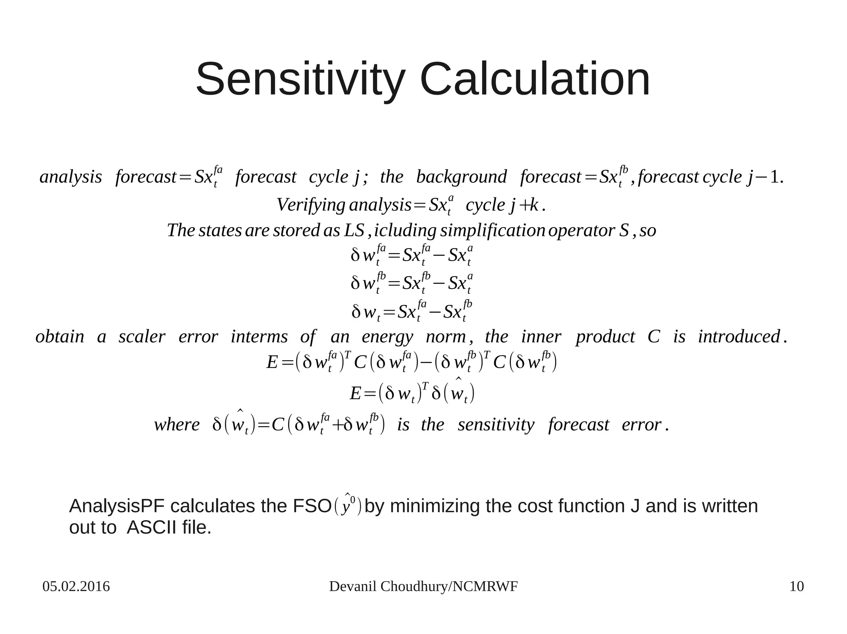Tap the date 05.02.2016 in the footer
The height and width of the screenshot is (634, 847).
pyautogui.click(x=76, y=586)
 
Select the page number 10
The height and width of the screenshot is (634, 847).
pyautogui.click(x=797, y=586)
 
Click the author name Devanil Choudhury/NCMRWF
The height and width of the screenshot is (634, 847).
pyautogui.click(x=423, y=586)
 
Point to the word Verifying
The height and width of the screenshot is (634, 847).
pyautogui.click(x=310, y=205)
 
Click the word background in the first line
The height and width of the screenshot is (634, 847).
pyautogui.click(x=461, y=177)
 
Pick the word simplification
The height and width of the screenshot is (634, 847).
pyautogui.click(x=493, y=230)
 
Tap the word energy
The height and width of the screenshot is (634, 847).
pyautogui.click(x=387, y=337)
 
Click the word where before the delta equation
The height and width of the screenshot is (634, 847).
pyautogui.click(x=177, y=425)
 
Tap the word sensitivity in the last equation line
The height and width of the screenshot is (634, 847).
pyautogui.click(x=496, y=425)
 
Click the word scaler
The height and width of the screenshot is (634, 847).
pyautogui.click(x=142, y=337)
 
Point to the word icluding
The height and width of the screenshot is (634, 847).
pyautogui.click(x=405, y=230)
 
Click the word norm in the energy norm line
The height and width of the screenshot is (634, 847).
pyautogui.click(x=446, y=337)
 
